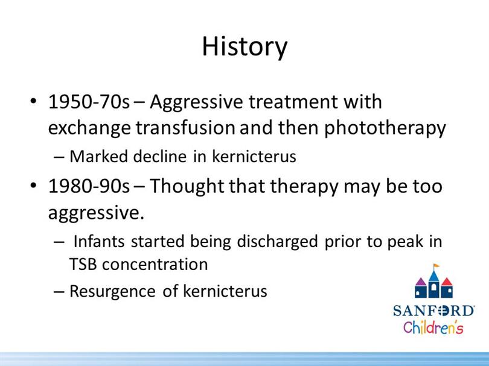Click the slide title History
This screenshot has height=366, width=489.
pyautogui.click(x=245, y=47)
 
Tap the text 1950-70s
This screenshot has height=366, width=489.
pyautogui.click(x=89, y=102)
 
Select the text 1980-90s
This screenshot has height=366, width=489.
pyautogui.click(x=89, y=186)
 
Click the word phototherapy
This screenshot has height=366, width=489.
pyautogui.click(x=385, y=128)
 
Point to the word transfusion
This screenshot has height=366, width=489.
pyautogui.click(x=185, y=128)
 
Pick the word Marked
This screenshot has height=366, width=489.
pyautogui.click(x=98, y=156)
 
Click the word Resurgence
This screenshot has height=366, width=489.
pyautogui.click(x=112, y=292)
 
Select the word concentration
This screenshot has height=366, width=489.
pyautogui.click(x=155, y=265)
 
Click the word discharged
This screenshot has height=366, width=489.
pyautogui.click(x=277, y=242)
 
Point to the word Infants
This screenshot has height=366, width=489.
pyautogui.click(x=99, y=241)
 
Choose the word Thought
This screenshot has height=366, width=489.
pyautogui.click(x=187, y=186)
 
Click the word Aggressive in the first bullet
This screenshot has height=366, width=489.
pyautogui.click(x=196, y=103)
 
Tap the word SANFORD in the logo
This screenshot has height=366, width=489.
pyautogui.click(x=433, y=311)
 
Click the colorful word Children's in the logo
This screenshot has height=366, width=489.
pyautogui.click(x=433, y=327)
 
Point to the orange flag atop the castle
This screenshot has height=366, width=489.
pyautogui.click(x=436, y=266)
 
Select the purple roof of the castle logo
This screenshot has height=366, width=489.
pyautogui.click(x=421, y=282)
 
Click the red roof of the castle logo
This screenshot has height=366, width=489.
pyautogui.click(x=447, y=282)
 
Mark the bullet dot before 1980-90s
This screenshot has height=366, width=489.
pyautogui.click(x=33, y=186)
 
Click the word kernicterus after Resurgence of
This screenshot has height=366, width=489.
pyautogui.click(x=225, y=292)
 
